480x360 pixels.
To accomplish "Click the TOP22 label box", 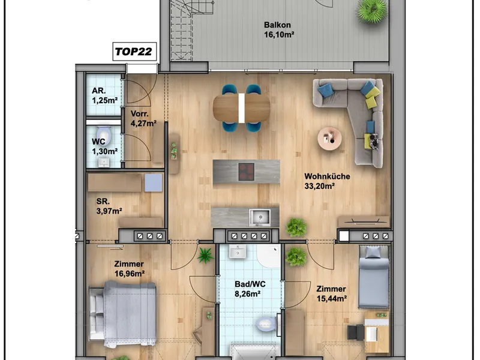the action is point(134,52).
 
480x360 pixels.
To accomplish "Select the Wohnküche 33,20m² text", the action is point(327,181).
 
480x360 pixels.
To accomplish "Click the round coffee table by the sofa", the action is point(329,139).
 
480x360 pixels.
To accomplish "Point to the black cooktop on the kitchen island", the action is point(247,172).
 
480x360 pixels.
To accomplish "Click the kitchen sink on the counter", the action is point(260,217).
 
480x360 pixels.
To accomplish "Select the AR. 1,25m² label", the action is point(104,95).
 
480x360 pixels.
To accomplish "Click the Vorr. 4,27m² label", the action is point(143,118).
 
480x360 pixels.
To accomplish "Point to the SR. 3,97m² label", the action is point(109,206).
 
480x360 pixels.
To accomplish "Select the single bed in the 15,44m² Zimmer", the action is point(374,277).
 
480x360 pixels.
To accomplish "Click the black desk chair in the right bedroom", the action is point(355,332).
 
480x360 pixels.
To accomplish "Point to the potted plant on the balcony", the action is point(372,10).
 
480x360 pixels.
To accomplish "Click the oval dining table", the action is point(242,108).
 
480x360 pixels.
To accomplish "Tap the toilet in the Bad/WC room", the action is point(266,324).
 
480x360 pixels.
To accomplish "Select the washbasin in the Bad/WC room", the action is point(237,251).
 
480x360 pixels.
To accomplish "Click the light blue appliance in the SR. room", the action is point(154,183).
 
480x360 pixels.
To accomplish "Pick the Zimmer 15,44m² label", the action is point(332,293).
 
